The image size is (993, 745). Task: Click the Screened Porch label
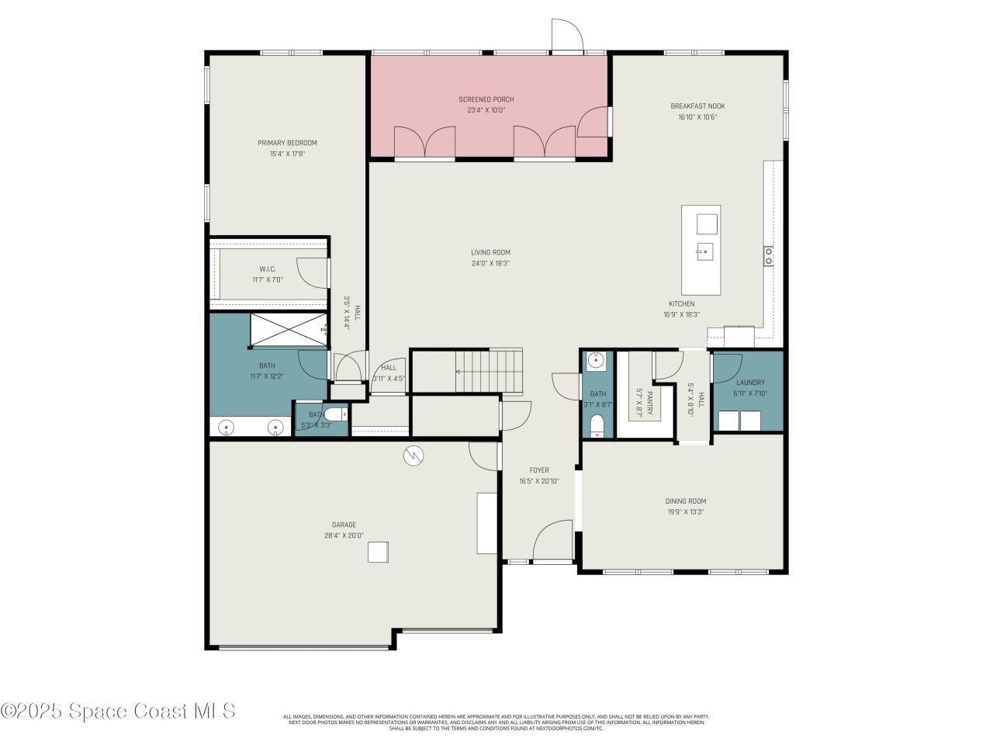[486, 99]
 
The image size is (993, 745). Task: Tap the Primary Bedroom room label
[287, 143]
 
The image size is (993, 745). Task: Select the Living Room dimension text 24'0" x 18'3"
[490, 263]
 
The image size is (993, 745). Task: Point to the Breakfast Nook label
[697, 106]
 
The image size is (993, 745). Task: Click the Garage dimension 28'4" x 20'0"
[344, 535]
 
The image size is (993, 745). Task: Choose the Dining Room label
[685, 501]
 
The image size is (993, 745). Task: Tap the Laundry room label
[750, 383]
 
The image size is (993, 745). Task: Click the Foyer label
[538, 470]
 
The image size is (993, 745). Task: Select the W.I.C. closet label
[268, 269]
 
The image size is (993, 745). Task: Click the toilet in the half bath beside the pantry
[597, 426]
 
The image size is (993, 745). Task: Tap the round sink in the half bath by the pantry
[596, 360]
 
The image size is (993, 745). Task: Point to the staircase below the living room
[489, 371]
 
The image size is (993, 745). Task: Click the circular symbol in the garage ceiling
[413, 456]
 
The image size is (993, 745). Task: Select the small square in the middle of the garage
[378, 552]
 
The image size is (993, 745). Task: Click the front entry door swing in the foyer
[552, 540]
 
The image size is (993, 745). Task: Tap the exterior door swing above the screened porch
[566, 35]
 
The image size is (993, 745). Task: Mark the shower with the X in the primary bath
[287, 330]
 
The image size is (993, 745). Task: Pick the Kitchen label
[682, 303]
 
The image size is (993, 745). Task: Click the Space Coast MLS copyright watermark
[118, 710]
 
